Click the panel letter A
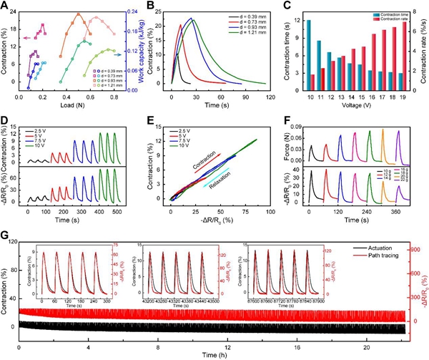click(5, 6)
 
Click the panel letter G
click(5, 234)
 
